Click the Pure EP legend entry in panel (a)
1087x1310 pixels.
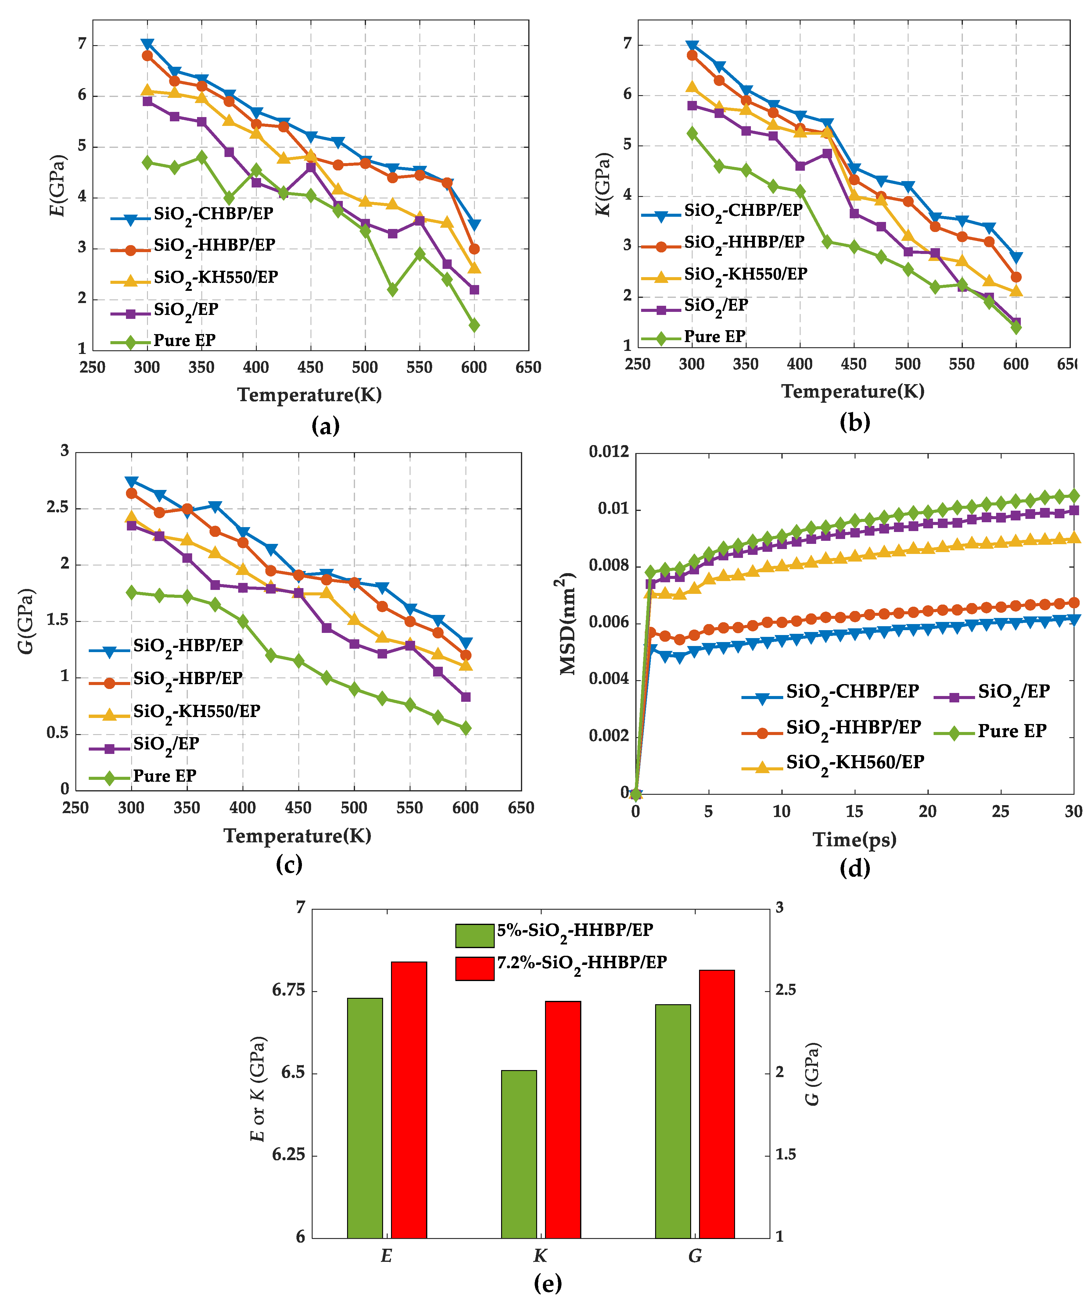pyautogui.click(x=163, y=341)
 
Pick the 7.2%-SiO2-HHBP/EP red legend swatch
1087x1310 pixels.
pyautogui.click(x=475, y=969)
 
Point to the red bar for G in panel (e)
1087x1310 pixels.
pyautogui.click(x=717, y=1104)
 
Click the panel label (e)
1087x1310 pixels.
pyautogui.click(x=548, y=1284)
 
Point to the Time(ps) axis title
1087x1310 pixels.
pyautogui.click(x=854, y=840)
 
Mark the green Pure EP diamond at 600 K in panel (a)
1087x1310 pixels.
pyautogui.click(x=474, y=325)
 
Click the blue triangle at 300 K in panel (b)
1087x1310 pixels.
pyautogui.click(x=692, y=46)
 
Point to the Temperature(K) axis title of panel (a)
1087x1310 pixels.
pyautogui.click(x=310, y=395)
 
